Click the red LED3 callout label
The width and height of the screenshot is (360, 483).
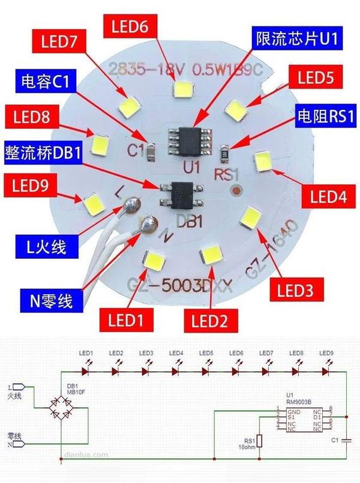296,290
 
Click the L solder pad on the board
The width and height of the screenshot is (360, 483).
131,204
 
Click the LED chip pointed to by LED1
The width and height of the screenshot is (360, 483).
155,261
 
